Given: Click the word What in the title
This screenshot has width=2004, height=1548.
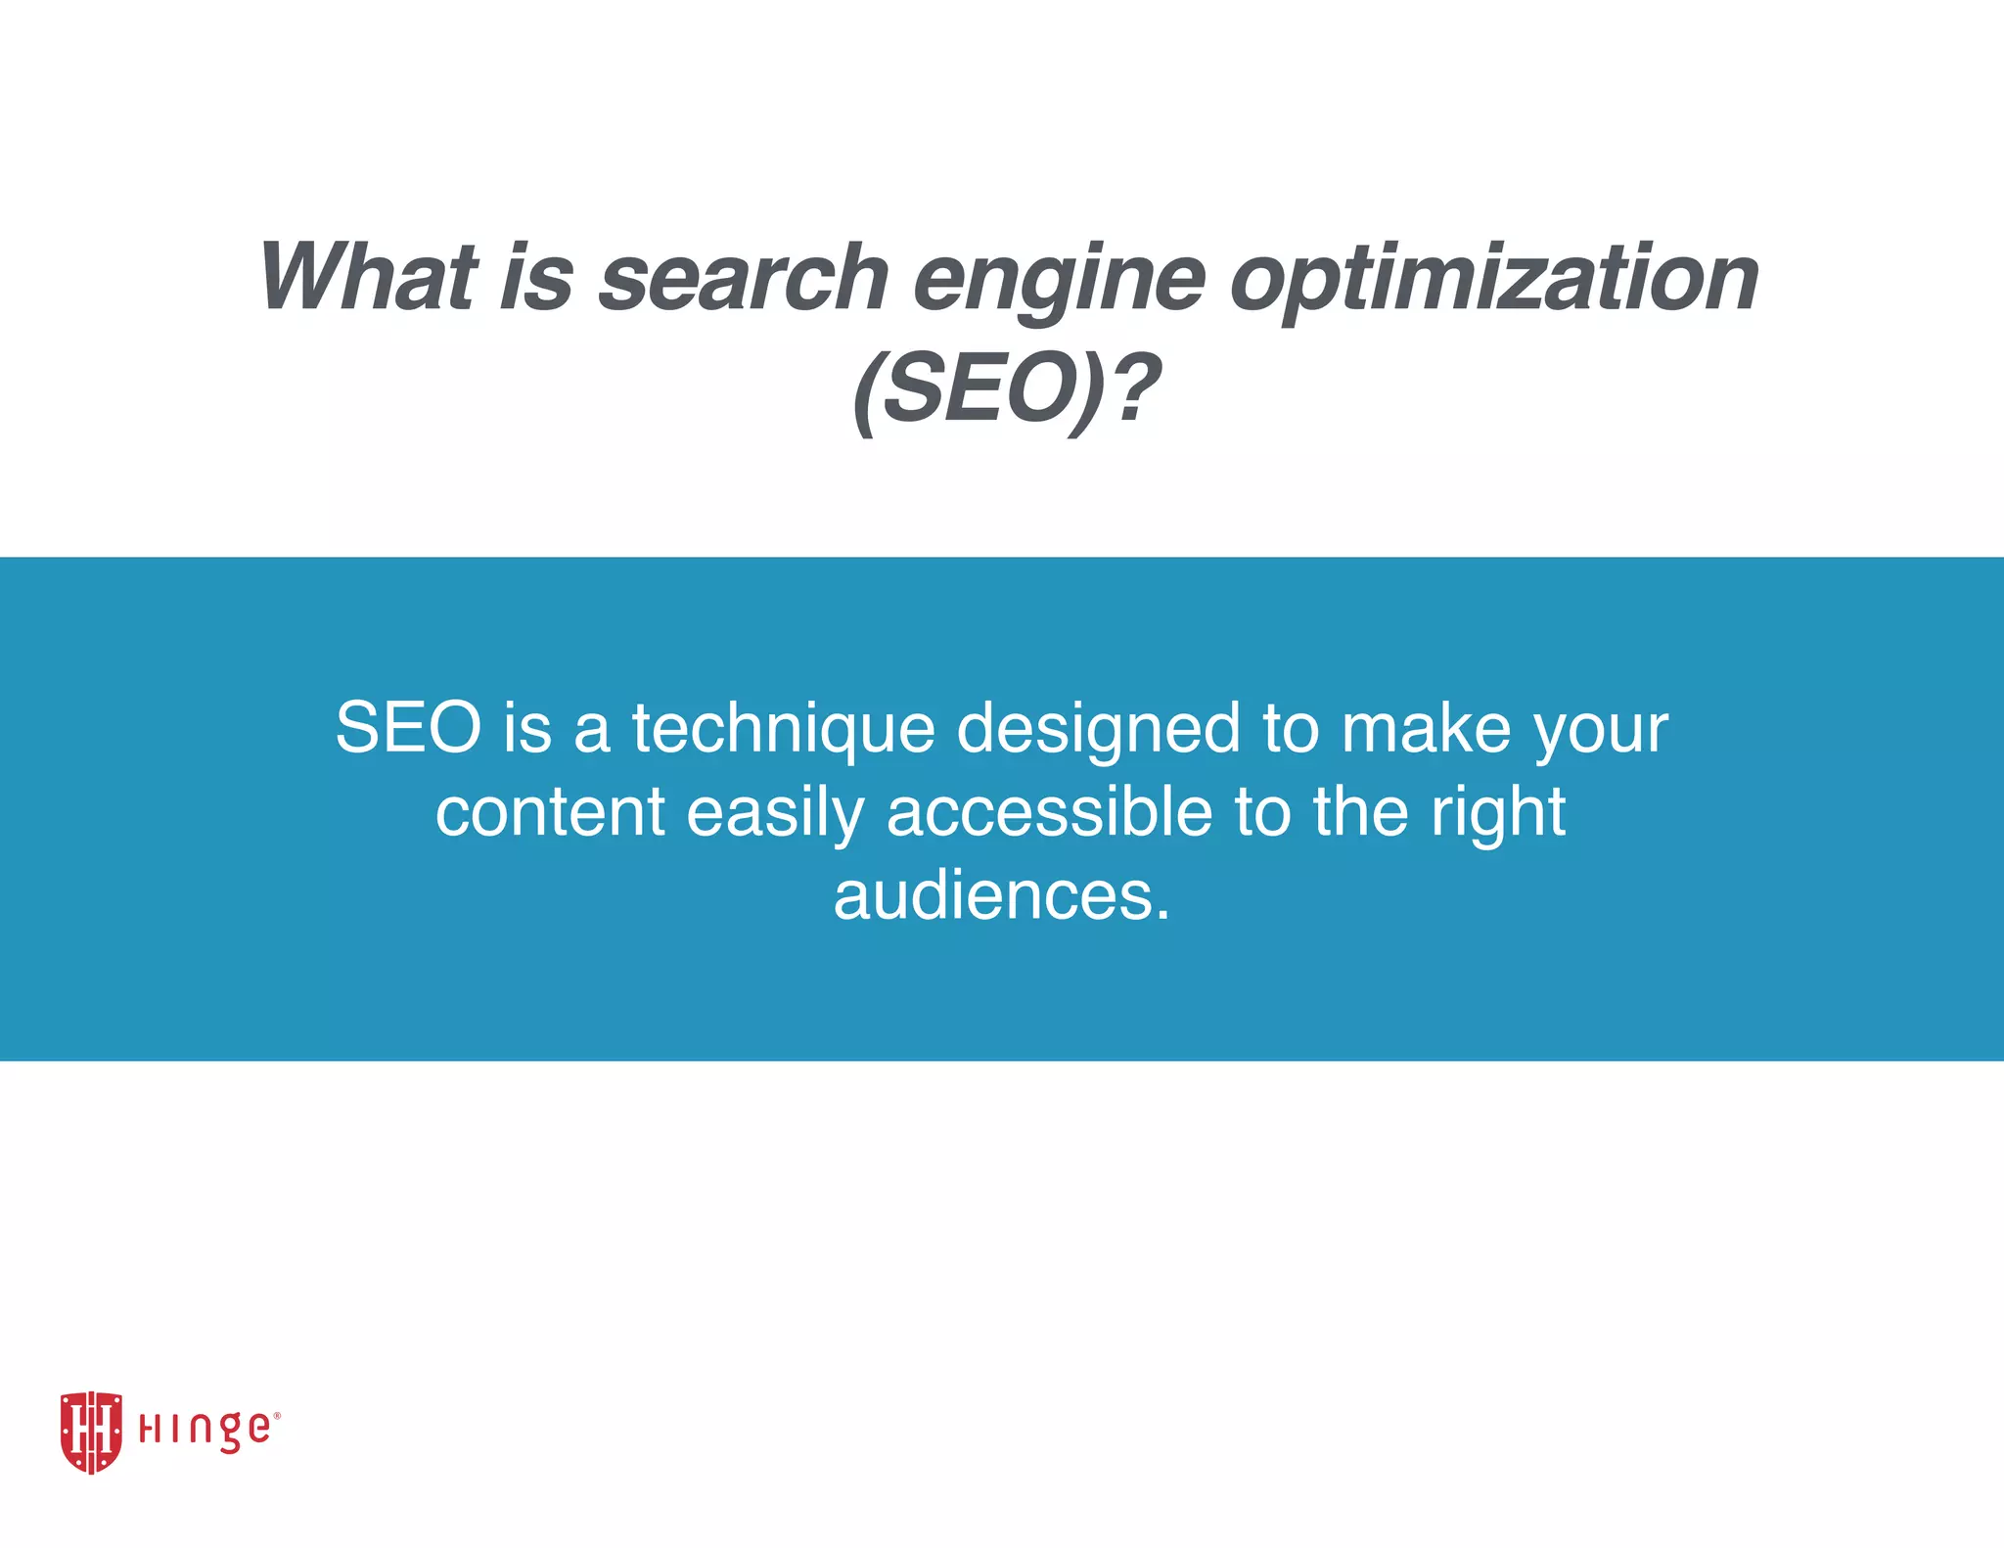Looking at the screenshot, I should point(368,278).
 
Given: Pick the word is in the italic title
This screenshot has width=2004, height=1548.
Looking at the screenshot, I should point(536,278).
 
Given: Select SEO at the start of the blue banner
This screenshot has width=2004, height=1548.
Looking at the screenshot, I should point(408,728).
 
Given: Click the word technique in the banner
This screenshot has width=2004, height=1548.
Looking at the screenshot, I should point(783,730).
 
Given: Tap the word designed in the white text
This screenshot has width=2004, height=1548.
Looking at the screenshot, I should point(1098,730).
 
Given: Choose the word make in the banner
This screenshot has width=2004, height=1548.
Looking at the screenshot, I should point(1425,728).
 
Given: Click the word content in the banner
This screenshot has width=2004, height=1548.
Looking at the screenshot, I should point(550,812).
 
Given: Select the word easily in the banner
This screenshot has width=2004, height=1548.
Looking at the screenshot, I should point(775,814).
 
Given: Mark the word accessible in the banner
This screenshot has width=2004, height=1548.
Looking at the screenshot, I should point(1049,812).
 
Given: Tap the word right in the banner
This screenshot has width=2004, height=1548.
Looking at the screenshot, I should point(1498,814).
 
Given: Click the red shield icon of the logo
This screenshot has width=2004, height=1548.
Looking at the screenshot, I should point(91,1432).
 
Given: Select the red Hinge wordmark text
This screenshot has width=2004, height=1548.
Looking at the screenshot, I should point(204,1431).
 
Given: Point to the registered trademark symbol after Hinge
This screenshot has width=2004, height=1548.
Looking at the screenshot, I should point(277,1415).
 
